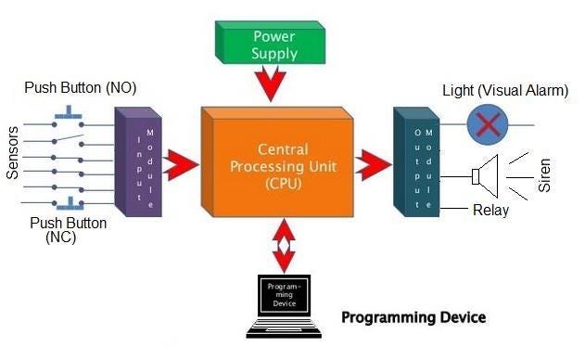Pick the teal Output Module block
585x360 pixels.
coord(413,162)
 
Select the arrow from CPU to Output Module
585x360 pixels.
coord(373,167)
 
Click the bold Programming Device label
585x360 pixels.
coord(413,317)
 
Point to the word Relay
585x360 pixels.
coord(490,211)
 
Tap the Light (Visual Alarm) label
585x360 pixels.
coord(504,91)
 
